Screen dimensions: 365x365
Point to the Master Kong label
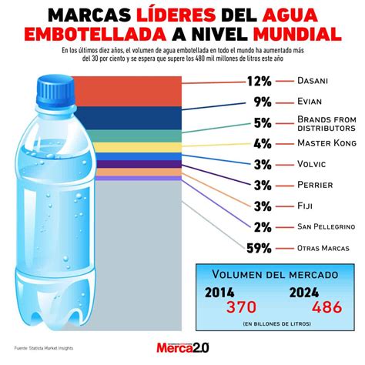pos(319,142)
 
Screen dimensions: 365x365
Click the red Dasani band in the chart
pos(131,90)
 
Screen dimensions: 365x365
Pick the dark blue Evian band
pos(131,116)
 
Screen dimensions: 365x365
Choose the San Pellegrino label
pos(326,226)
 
